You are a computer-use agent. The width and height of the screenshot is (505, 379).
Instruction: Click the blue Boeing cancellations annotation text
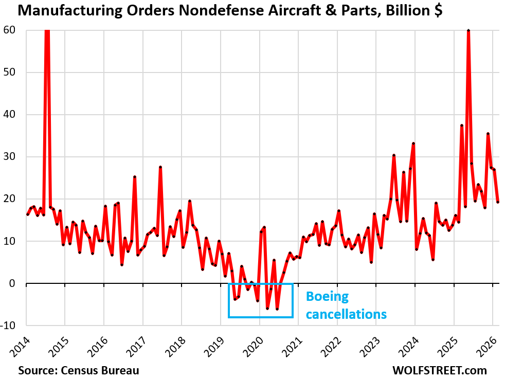(x=346, y=305)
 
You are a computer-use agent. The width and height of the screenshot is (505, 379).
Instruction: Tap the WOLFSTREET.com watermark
(x=439, y=370)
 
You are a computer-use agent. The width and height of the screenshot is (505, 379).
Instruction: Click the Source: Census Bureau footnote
(x=78, y=370)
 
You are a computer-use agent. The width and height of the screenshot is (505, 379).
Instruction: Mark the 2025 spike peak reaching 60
(x=468, y=31)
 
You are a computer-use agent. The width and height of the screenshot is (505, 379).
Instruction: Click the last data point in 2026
(x=498, y=202)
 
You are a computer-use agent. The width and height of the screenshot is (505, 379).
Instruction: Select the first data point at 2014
(x=27, y=214)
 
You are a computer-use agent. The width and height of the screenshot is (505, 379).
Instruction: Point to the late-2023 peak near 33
(x=413, y=144)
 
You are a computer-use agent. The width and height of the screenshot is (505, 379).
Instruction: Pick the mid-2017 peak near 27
(x=160, y=167)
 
